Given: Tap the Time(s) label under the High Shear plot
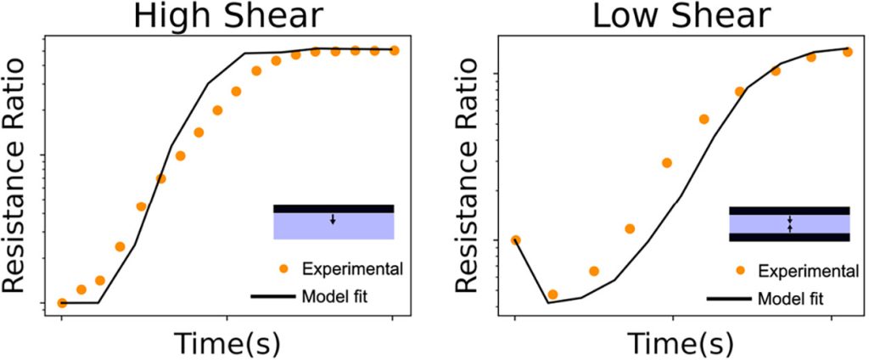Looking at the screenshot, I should pyautogui.click(x=227, y=343).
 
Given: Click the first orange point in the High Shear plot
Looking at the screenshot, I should pyautogui.click(x=62, y=302).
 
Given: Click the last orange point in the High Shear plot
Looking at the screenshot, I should pyautogui.click(x=394, y=50).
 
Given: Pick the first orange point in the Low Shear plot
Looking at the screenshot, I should pyautogui.click(x=515, y=240).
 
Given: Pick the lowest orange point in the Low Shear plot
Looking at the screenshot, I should pyautogui.click(x=552, y=294).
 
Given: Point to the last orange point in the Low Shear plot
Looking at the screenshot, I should pyautogui.click(x=847, y=51).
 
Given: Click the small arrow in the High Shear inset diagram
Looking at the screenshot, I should pyautogui.click(x=333, y=219).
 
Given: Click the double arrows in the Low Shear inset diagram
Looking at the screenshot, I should pyautogui.click(x=789, y=223).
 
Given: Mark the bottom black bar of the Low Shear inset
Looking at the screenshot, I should pyautogui.click(x=789, y=237).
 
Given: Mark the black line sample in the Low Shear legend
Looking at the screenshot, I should pyautogui.click(x=729, y=299).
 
